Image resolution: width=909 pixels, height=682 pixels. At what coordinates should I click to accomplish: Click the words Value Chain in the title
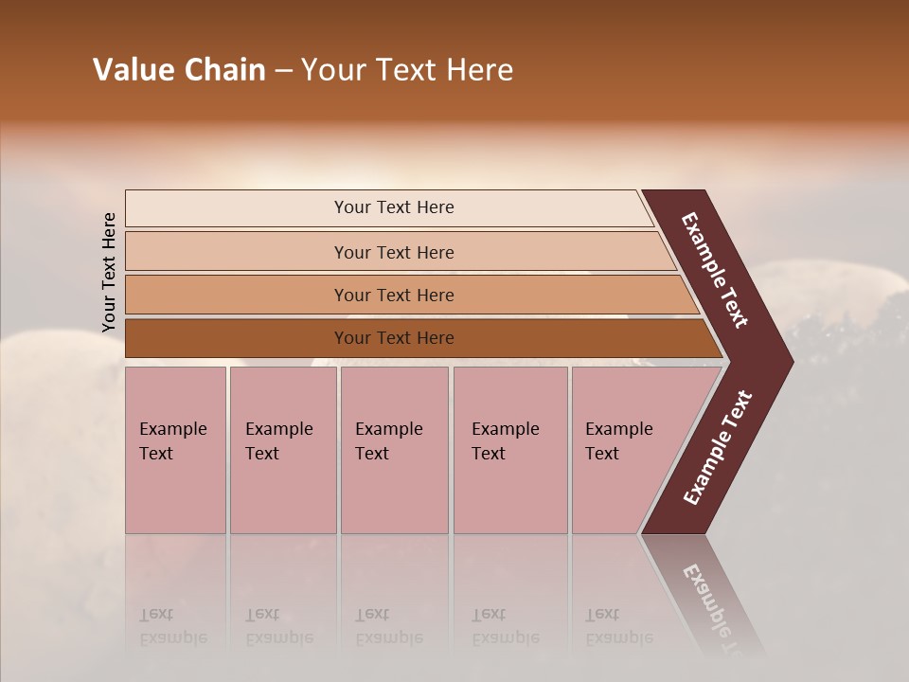[179, 70]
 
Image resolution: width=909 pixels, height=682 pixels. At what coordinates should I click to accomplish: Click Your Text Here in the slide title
[407, 70]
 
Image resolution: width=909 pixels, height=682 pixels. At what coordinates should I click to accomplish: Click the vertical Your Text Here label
[109, 272]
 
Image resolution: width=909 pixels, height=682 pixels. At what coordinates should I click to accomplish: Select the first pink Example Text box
[175, 450]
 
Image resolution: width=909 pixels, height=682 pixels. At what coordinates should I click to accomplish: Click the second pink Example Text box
[282, 450]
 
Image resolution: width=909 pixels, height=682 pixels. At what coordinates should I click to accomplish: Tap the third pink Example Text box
[394, 450]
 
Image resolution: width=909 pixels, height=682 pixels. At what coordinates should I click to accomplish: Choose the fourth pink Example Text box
[509, 450]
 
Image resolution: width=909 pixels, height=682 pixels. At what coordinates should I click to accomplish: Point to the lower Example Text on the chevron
[718, 448]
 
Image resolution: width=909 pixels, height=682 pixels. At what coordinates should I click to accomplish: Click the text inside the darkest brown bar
[394, 338]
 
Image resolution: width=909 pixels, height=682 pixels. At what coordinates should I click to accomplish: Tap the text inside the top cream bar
[394, 207]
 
